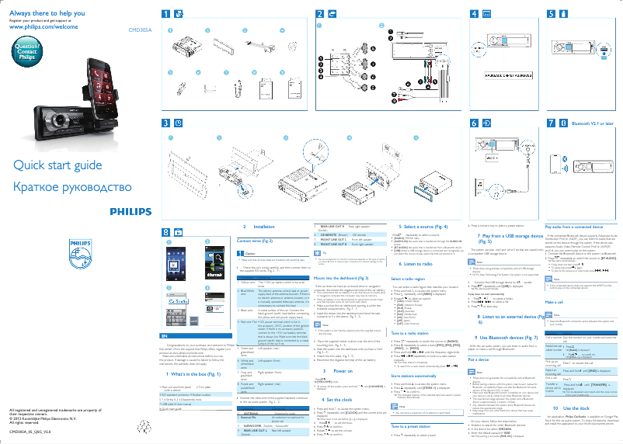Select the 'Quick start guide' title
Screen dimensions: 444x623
tap(57, 165)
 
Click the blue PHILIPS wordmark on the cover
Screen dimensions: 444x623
tap(130, 210)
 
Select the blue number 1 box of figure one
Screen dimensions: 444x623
tap(165, 14)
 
